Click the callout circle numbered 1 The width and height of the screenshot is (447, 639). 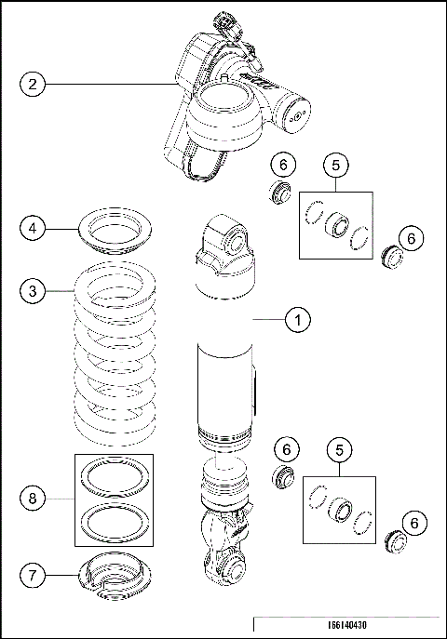click(x=298, y=320)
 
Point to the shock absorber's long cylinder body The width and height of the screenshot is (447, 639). click(x=225, y=391)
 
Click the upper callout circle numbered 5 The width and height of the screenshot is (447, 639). click(x=336, y=165)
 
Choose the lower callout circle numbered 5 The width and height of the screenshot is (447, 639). click(x=339, y=449)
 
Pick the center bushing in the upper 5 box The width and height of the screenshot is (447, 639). click(x=335, y=226)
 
